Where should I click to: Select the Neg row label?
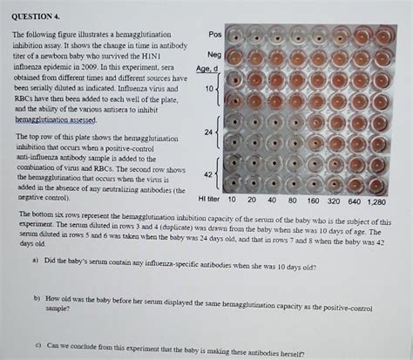pos(215,55)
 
